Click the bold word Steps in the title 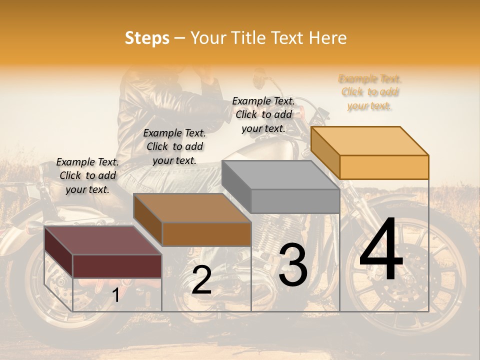(147, 38)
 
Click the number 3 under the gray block (293, 265)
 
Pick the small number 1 (115, 295)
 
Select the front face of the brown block (206, 234)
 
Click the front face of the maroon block (117, 266)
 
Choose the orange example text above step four (369, 92)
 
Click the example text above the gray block (263, 114)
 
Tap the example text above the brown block (174, 146)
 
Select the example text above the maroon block (87, 175)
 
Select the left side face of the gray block (236, 186)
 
